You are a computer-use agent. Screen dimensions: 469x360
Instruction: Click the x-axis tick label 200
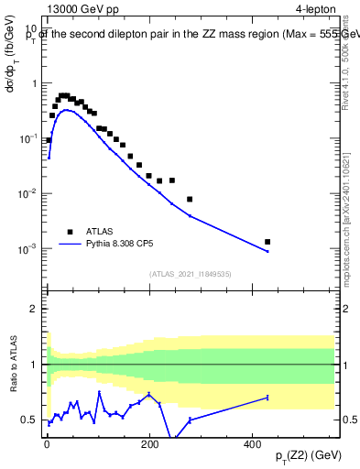coord(148,444)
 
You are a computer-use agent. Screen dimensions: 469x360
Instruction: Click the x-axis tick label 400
coord(251,444)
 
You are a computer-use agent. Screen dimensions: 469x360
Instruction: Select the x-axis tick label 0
coord(46,444)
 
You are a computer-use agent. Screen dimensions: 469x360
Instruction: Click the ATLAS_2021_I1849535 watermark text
coord(190,273)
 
